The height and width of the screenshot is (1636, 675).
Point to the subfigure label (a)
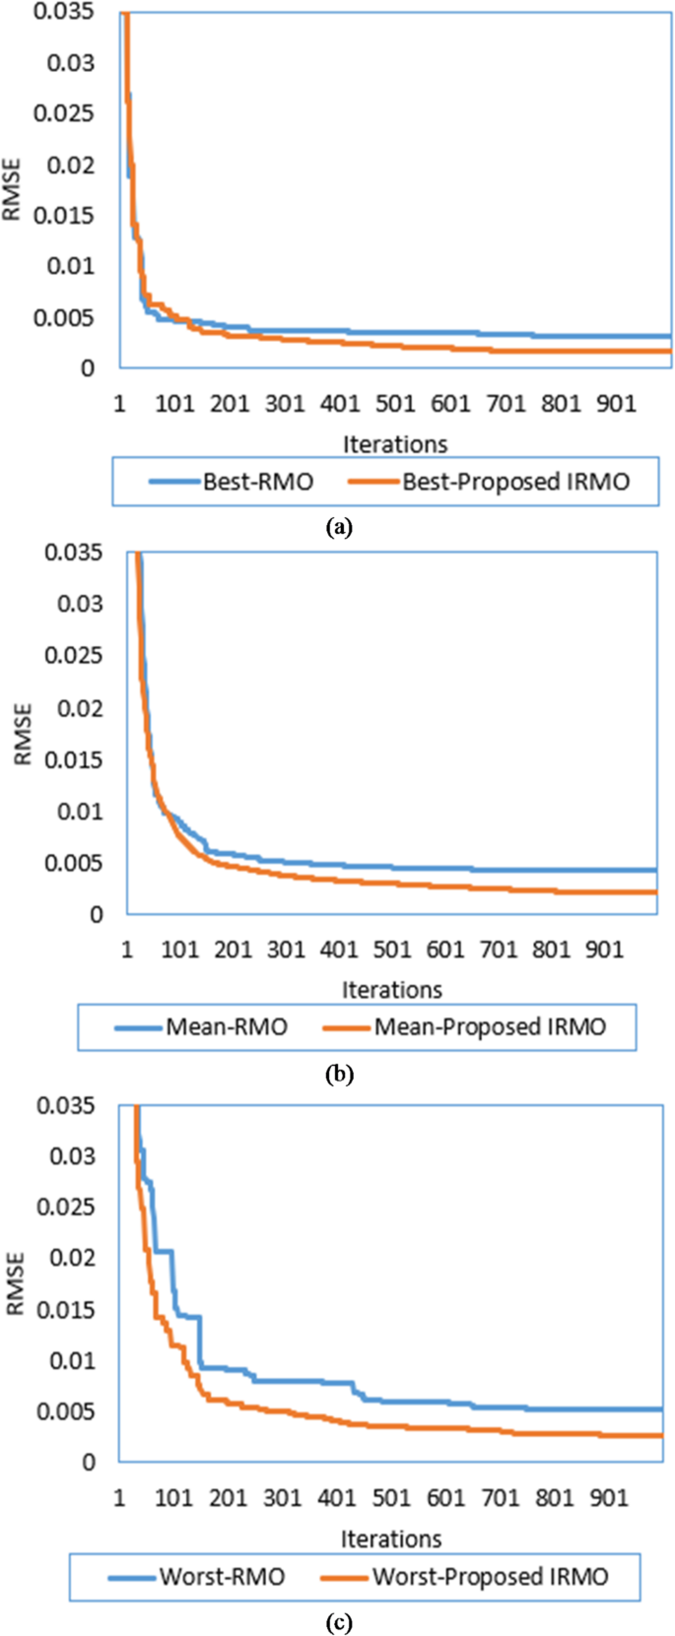(338, 527)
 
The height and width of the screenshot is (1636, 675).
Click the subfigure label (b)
(338, 1074)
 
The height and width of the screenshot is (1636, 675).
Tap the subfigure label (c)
(338, 1622)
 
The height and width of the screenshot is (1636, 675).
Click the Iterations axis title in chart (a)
(395, 444)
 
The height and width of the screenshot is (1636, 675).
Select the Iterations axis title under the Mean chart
(392, 989)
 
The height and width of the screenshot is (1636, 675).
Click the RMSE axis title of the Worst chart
(15, 1283)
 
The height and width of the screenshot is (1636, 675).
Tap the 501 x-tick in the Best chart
(395, 403)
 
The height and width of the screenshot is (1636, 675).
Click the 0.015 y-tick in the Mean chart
(74, 759)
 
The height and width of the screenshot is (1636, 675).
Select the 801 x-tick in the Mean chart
(552, 949)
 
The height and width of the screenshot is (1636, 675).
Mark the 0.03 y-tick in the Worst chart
(73, 1155)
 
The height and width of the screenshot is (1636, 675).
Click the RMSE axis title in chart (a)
(12, 190)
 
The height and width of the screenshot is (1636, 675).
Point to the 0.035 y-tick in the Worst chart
(66, 1105)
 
